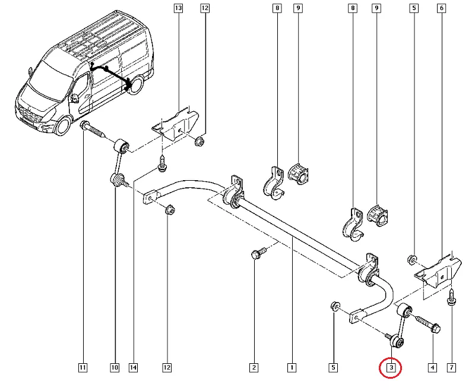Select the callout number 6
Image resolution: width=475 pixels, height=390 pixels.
tap(441, 8)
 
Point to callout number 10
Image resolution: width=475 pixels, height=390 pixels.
tap(114, 368)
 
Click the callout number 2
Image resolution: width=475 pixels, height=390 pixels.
tap(254, 368)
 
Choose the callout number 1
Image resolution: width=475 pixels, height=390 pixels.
tap(292, 368)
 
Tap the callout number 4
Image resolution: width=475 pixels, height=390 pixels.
tap(432, 368)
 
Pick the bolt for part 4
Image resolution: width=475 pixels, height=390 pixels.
tap(426, 324)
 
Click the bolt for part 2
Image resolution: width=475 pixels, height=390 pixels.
tap(256, 254)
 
